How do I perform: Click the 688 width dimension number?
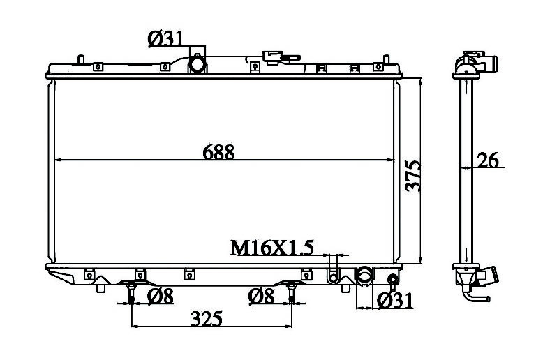[218, 152]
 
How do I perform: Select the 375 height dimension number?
[413, 176]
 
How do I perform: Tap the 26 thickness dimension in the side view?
[488, 160]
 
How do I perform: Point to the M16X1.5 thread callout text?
[272, 248]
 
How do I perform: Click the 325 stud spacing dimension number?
[207, 319]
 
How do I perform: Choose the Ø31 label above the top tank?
[166, 39]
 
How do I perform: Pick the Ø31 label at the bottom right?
[395, 301]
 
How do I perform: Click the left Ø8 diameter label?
[161, 296]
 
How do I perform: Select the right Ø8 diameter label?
[261, 296]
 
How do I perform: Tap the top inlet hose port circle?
[198, 64]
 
